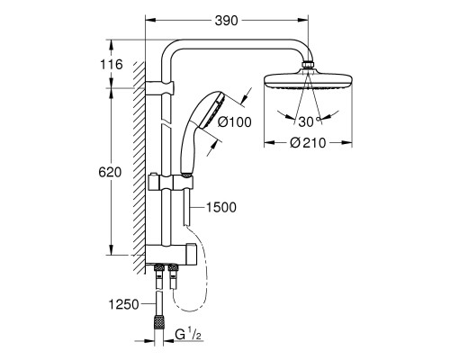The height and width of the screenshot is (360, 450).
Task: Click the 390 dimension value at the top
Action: (x=226, y=21)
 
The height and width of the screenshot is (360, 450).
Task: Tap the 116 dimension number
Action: (x=112, y=64)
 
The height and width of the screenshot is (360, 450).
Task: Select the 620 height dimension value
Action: (x=110, y=172)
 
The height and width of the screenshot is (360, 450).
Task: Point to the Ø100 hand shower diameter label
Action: (x=235, y=122)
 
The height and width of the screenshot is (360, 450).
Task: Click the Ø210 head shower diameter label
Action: (x=308, y=143)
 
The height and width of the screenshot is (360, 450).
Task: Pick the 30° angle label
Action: (x=310, y=121)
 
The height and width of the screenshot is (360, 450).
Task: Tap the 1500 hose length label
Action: (x=221, y=207)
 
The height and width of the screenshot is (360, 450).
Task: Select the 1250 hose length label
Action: (x=123, y=305)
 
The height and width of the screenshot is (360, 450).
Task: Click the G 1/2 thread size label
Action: (x=188, y=334)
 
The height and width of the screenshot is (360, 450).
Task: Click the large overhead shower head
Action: (x=308, y=80)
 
